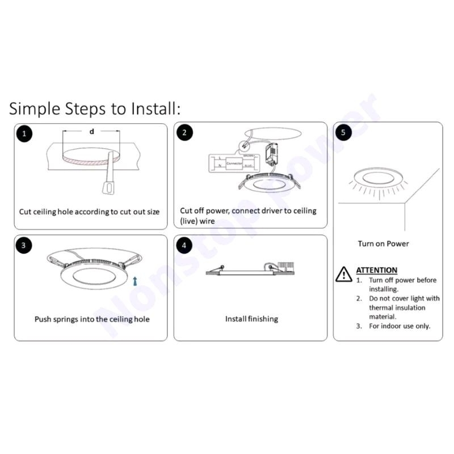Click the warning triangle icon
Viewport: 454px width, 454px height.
click(344, 275)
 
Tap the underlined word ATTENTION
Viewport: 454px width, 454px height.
click(376, 270)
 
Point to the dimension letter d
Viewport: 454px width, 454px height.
click(91, 132)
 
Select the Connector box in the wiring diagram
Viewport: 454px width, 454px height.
click(234, 163)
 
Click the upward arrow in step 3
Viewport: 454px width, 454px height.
click(134, 280)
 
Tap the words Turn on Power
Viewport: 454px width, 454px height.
click(383, 244)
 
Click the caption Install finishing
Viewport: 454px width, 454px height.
click(251, 319)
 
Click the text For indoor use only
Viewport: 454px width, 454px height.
click(400, 326)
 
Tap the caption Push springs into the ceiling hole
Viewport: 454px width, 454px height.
click(92, 319)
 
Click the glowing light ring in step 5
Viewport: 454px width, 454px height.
click(375, 178)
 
